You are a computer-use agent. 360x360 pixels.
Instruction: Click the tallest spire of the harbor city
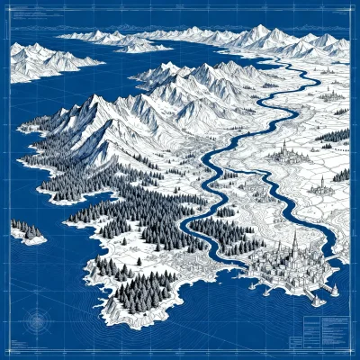[x=292, y=241]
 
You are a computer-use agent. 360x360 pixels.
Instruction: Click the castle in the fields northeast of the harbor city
[x=319, y=185]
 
